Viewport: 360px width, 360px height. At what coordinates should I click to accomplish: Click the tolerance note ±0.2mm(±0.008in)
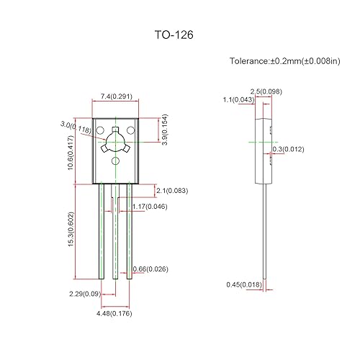(x=284, y=61)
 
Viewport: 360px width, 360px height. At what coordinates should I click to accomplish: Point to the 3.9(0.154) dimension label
(x=165, y=129)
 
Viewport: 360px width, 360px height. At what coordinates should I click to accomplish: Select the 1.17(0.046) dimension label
(x=150, y=207)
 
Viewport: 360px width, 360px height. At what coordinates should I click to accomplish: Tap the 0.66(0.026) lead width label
(x=152, y=270)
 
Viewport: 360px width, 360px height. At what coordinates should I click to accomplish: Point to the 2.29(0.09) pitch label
(x=85, y=293)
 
